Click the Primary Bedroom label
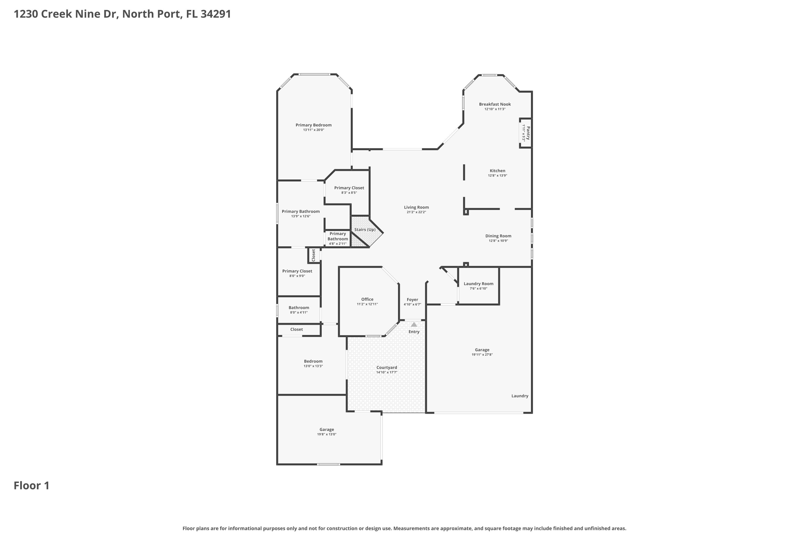(313, 125)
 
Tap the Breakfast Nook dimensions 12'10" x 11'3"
(495, 109)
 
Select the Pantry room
(526, 133)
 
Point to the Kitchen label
(497, 171)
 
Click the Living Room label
(416, 207)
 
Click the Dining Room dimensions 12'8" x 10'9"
(498, 240)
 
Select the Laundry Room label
(478, 284)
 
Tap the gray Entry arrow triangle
(414, 325)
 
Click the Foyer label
(412, 300)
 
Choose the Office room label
(367, 299)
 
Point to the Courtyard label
(386, 368)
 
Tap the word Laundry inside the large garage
(519, 396)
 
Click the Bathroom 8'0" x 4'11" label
(299, 308)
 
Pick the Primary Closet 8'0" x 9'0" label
(297, 271)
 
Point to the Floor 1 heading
(32, 486)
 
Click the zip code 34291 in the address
(215, 14)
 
